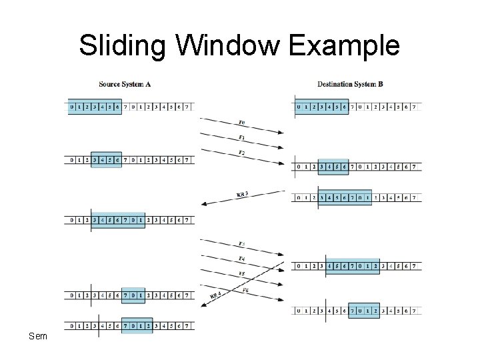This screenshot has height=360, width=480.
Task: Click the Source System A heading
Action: click(x=124, y=85)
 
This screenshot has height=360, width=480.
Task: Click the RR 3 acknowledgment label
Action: click(x=243, y=194)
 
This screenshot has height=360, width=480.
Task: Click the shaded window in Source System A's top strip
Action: click(x=95, y=106)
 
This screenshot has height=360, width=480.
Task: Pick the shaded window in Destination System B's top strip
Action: click(x=323, y=106)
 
